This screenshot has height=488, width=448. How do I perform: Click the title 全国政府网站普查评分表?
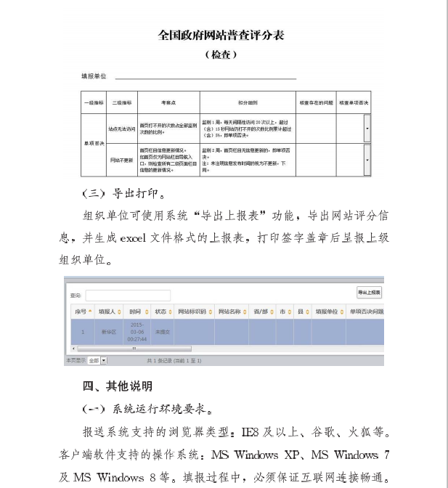(224, 35)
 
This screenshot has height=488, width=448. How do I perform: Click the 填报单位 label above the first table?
(94, 76)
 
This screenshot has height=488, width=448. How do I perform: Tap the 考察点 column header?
(168, 102)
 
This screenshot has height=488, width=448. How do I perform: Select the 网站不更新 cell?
(122, 159)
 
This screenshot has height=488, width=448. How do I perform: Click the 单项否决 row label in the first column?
(93, 144)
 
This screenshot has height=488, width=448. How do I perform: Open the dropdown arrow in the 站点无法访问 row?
(367, 129)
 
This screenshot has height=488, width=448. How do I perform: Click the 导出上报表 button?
(369, 292)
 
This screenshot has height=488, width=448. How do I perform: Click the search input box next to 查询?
(128, 296)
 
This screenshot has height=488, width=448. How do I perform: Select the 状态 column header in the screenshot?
(160, 312)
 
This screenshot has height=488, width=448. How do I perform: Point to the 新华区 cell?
(108, 331)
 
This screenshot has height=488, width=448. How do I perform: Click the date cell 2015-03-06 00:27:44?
(137, 331)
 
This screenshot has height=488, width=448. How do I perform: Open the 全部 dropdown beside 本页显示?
(97, 360)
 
